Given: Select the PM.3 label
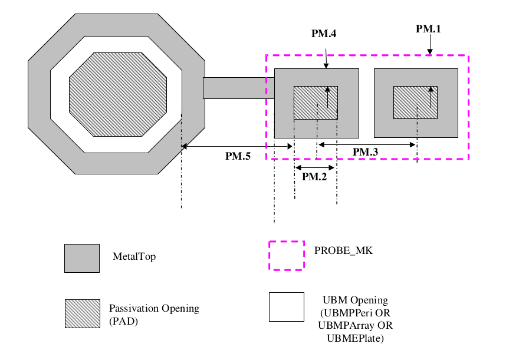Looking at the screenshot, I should tap(366, 152).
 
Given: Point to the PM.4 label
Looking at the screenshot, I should tap(324, 34).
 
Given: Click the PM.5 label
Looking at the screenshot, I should tap(239, 156).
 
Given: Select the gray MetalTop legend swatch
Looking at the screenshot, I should tap(82, 257).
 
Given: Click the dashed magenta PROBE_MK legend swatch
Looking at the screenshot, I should tap(287, 255).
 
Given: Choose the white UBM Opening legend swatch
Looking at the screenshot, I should tap(287, 307).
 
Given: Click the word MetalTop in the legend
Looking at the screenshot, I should tap(134, 257).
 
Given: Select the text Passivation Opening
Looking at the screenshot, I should tap(154, 308).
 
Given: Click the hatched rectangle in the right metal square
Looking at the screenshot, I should tap(416, 103).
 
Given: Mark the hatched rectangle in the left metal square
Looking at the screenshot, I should tap(316, 103).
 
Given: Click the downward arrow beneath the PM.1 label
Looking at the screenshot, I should tap(430, 45).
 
